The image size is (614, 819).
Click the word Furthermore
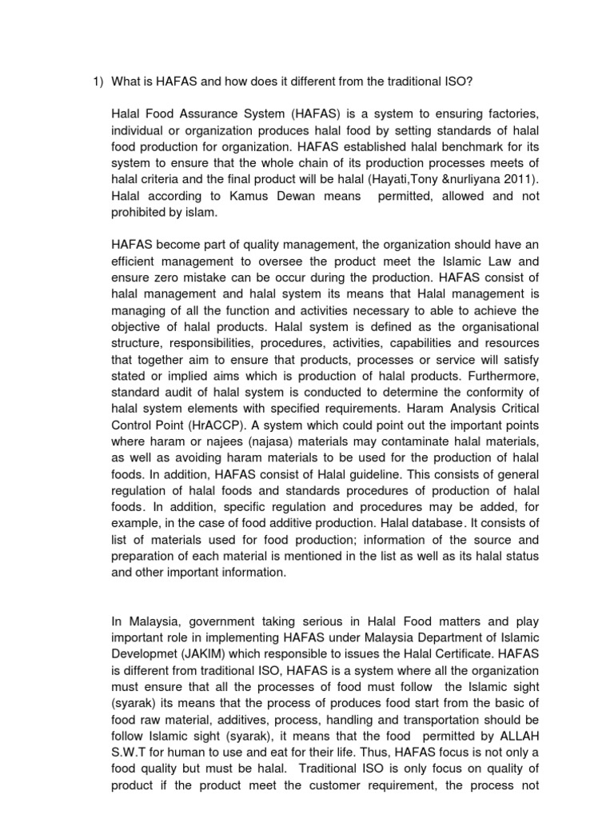[502, 374]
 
